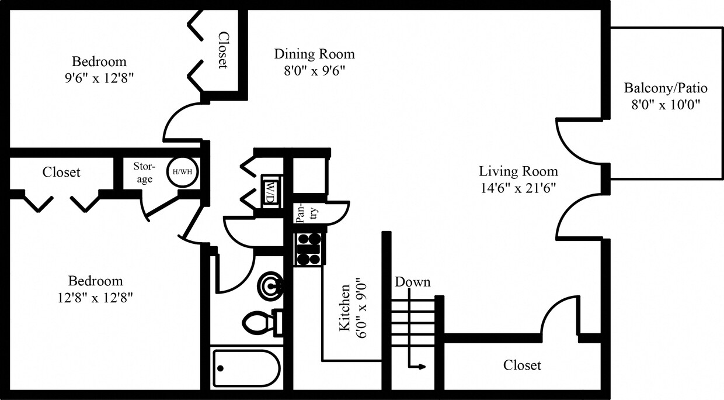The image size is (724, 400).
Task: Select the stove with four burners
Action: click(x=309, y=249)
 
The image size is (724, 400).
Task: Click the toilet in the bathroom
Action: click(x=262, y=322)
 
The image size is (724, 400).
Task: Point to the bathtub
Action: click(x=246, y=368)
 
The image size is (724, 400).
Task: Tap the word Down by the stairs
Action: click(x=412, y=282)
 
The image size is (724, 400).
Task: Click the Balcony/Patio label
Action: click(x=666, y=88)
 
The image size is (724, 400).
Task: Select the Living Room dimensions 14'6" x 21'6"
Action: click(x=518, y=188)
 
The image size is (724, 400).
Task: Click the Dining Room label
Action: click(x=314, y=54)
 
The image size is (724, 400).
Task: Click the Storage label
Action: click(x=144, y=173)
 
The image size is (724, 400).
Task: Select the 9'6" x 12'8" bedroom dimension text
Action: click(x=99, y=78)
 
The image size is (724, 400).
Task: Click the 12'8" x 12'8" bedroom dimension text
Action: click(x=95, y=297)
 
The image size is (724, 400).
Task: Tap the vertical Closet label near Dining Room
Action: click(x=222, y=50)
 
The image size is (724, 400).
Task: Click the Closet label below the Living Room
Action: click(x=522, y=365)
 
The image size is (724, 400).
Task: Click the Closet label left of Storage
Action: click(x=61, y=173)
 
